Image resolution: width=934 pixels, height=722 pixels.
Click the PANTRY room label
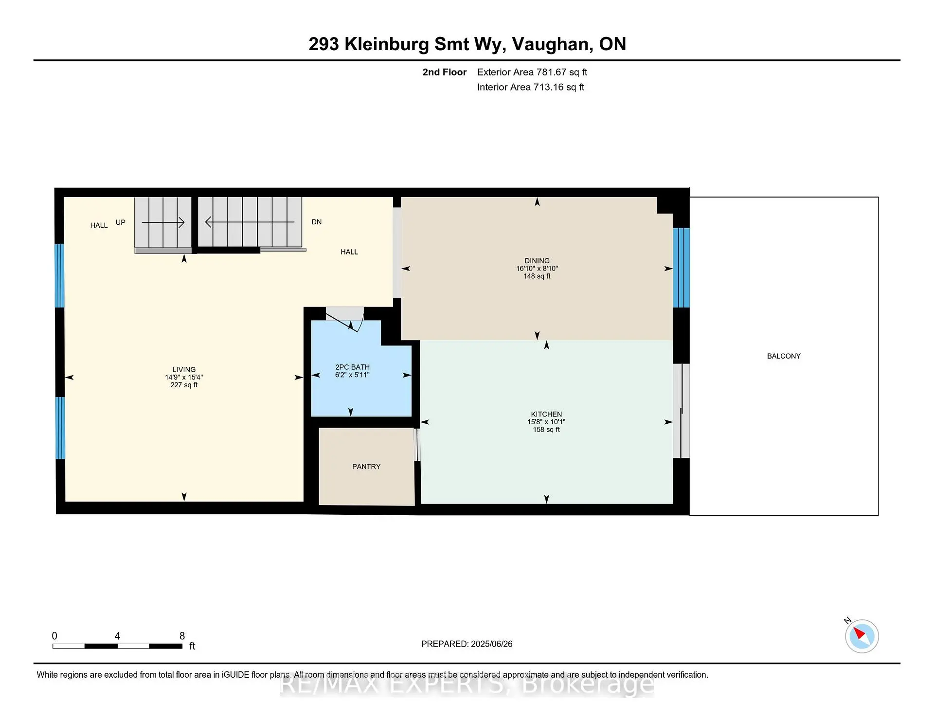point(366,467)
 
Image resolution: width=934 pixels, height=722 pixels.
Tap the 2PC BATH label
point(352,367)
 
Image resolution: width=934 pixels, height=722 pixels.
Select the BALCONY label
point(783,356)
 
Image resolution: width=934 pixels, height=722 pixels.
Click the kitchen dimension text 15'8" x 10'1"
point(546,422)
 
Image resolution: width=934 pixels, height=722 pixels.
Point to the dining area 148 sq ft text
point(537,276)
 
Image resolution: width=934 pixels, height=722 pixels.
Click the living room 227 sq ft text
point(184,385)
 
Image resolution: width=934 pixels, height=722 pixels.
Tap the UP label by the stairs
point(120,222)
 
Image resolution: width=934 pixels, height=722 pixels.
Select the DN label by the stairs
point(316,222)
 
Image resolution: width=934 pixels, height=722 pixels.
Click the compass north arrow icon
point(862,636)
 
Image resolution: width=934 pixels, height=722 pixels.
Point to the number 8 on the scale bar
point(182,636)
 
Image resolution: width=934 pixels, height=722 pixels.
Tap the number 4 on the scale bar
point(117,636)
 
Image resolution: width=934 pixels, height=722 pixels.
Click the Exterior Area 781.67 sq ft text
point(532,72)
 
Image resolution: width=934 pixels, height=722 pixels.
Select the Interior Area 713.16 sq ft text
point(530,87)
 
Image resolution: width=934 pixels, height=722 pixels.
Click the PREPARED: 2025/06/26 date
point(467,644)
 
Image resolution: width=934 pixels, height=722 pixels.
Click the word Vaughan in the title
point(552,44)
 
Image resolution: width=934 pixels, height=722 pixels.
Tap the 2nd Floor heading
point(444,72)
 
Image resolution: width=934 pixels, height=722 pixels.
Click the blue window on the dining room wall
point(681,268)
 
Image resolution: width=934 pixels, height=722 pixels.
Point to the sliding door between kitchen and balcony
point(681,411)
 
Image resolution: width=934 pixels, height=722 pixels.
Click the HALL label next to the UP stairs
point(99,225)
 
